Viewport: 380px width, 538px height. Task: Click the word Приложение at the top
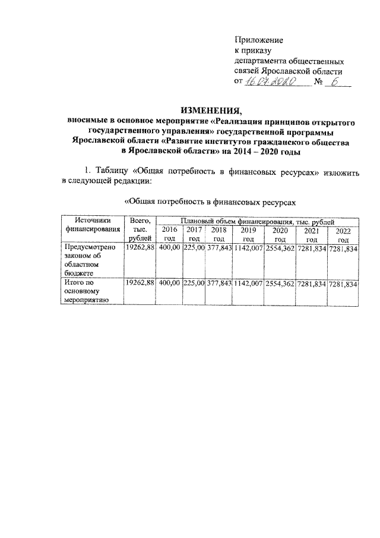point(259,40)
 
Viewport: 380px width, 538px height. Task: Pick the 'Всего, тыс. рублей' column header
point(138,229)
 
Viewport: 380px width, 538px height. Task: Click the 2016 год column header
point(169,234)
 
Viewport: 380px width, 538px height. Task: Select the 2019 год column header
point(249,234)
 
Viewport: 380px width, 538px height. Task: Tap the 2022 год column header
point(343,234)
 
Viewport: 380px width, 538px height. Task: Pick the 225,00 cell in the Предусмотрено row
point(194,247)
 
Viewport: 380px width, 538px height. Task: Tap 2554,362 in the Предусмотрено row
point(280,247)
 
